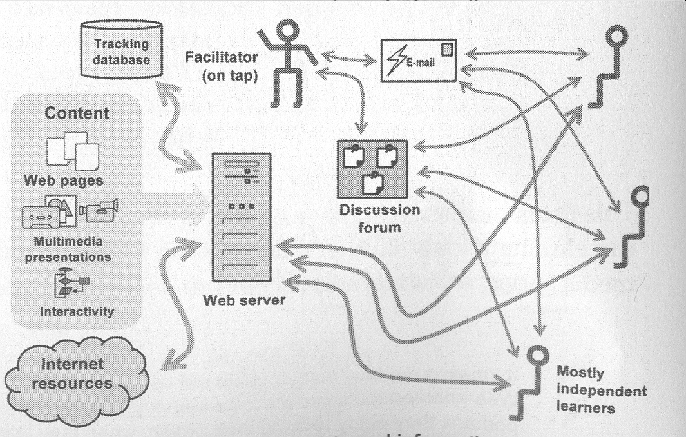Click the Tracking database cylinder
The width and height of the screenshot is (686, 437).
121,50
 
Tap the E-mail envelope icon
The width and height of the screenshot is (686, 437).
418,60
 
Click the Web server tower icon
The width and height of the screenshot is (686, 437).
241,217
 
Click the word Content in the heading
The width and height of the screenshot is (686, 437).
76,113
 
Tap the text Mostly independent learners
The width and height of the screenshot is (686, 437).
600,390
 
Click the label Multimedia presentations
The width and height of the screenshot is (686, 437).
72,249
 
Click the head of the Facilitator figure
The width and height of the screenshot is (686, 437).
285,28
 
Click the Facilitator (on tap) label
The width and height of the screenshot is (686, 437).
221,66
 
